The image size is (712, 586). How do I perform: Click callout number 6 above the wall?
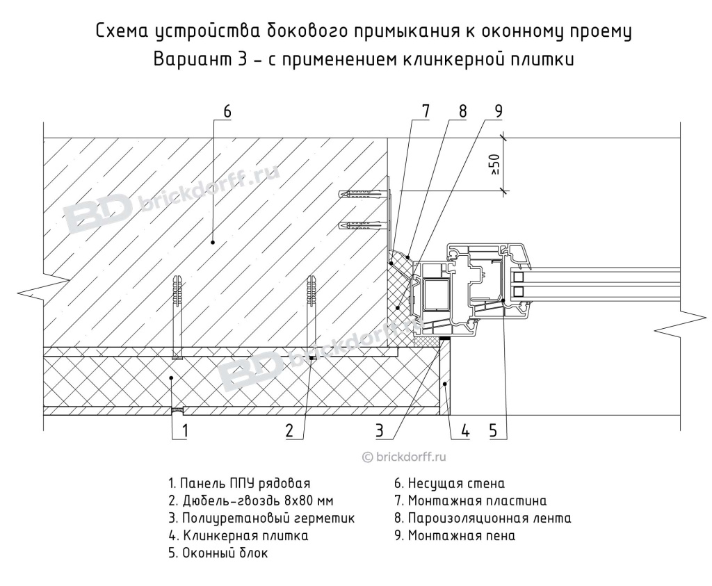point(227,111)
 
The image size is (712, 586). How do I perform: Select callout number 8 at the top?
point(462,111)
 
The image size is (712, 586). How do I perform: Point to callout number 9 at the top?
point(498,111)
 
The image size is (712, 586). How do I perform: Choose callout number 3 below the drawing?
point(380,432)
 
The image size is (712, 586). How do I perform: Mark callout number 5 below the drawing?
point(493,432)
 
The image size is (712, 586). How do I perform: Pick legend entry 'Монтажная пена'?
point(455,536)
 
